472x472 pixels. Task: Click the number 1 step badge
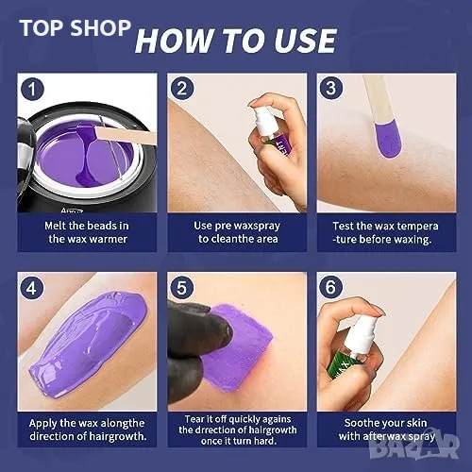pos(32,90)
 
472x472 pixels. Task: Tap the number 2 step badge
pos(182,89)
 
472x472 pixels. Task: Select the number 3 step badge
pos(331,88)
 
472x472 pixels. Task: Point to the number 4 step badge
pos(32,288)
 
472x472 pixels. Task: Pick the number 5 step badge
pos(181,287)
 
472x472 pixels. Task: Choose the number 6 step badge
pos(330,287)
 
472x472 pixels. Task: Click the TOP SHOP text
pos(75,28)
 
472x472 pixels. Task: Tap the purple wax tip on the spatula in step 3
pos(388,140)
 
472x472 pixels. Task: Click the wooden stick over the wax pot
pos(126,135)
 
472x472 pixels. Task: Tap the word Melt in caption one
pos(55,226)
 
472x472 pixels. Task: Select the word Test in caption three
pos(344,226)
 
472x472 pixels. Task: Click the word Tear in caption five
pos(194,419)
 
